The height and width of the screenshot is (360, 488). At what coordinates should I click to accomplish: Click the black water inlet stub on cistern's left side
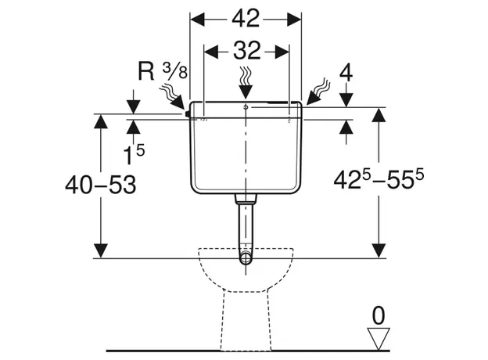[188, 114]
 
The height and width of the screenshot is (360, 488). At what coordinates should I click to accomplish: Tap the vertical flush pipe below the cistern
[246, 223]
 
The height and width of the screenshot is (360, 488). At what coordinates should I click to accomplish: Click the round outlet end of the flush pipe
[246, 258]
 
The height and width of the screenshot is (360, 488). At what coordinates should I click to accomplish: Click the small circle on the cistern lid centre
[246, 106]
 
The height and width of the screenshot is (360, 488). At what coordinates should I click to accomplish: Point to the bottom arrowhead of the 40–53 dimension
[101, 249]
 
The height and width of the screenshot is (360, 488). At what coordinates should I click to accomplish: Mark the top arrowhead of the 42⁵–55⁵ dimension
[379, 117]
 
